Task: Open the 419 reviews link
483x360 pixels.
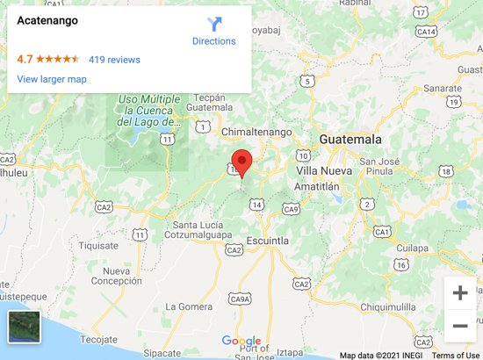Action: [114, 60]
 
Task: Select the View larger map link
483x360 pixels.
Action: [52, 80]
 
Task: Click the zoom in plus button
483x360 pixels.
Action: [459, 293]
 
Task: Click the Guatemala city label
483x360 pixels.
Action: [350, 140]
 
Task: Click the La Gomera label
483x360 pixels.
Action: [189, 307]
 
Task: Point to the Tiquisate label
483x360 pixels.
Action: [98, 246]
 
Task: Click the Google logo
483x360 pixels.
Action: [241, 342]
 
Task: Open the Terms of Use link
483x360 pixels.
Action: [455, 356]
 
